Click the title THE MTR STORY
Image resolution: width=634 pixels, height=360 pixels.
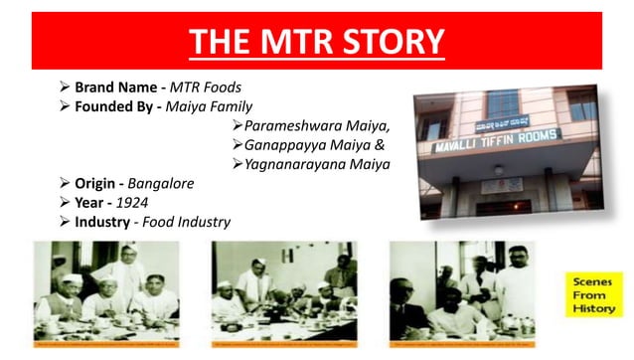(x=317, y=42)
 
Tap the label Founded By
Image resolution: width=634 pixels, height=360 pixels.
(x=117, y=106)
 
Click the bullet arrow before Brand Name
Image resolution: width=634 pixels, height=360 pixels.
(x=66, y=88)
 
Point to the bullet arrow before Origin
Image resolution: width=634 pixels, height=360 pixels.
(x=66, y=184)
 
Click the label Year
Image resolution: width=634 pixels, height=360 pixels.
(x=91, y=203)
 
